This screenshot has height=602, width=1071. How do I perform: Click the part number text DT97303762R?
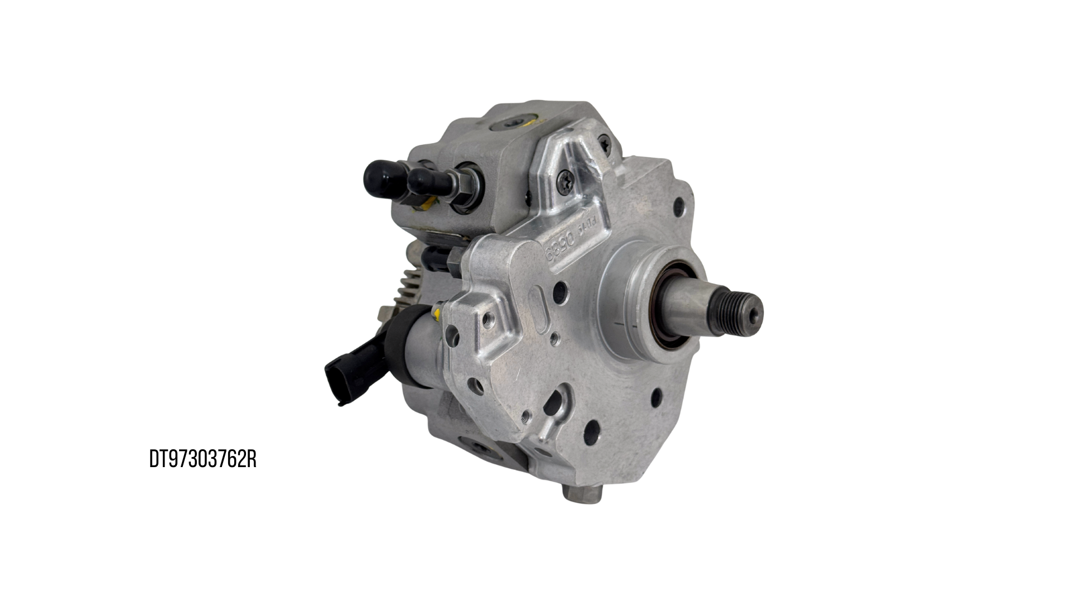(202, 460)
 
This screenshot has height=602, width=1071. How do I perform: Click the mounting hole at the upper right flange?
(678, 207)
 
